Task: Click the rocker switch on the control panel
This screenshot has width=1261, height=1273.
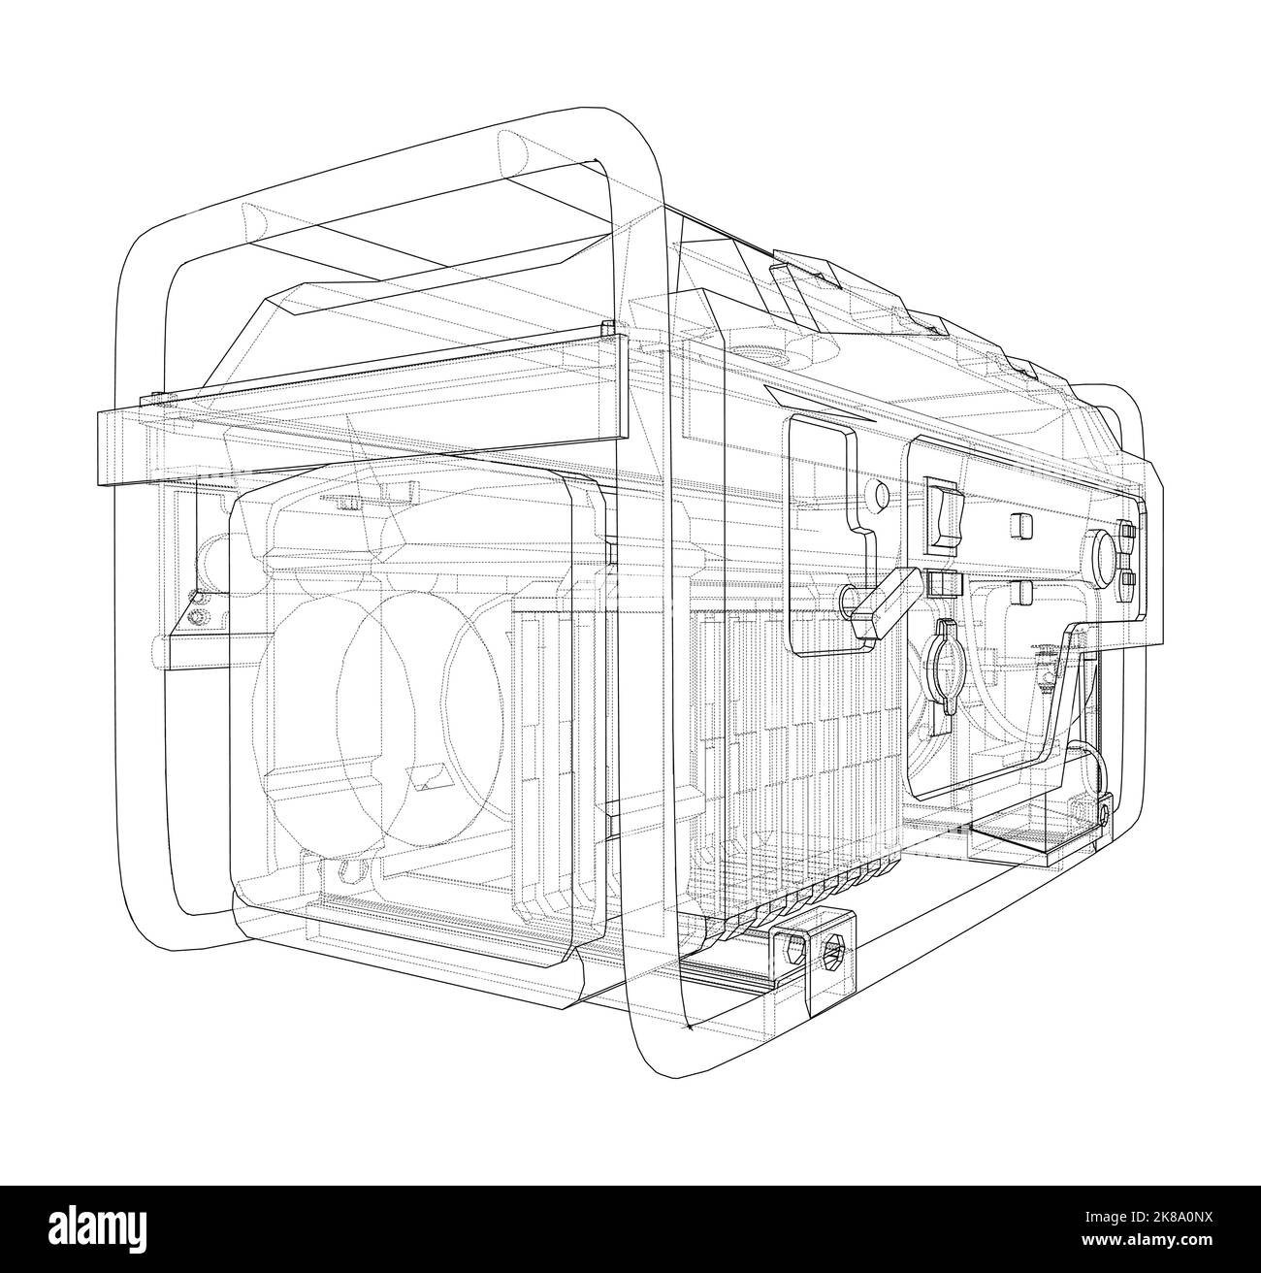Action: coord(945,512)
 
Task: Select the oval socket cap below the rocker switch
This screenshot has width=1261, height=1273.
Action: coord(945,668)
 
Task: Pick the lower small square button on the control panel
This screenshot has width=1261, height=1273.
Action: coord(1020,592)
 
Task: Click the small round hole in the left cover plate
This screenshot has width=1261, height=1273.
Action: coord(880,494)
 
